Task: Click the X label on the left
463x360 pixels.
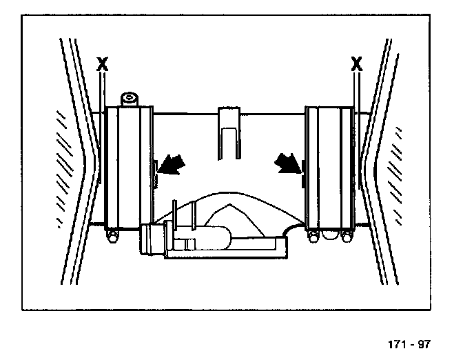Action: [x=103, y=64]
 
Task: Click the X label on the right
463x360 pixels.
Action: [x=356, y=64]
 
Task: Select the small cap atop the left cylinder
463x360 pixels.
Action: [x=130, y=98]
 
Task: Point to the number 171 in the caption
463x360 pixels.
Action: [x=398, y=343]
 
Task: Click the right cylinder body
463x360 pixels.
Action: [x=329, y=169]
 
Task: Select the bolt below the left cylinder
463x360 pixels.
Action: [x=111, y=238]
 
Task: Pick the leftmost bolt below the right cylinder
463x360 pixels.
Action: [x=313, y=237]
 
